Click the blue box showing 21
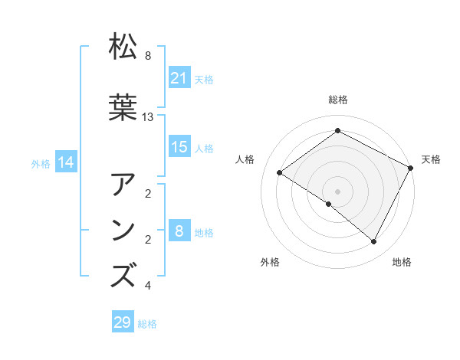click(x=179, y=77)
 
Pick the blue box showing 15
click(x=179, y=147)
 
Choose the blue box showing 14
click(x=66, y=162)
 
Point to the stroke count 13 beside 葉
click(x=148, y=116)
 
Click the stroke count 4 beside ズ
click(x=147, y=286)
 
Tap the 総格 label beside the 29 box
click(x=147, y=323)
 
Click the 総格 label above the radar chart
click(x=337, y=100)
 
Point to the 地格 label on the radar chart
click(x=402, y=262)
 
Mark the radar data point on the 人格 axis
click(x=280, y=172)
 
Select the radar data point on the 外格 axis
click(x=329, y=204)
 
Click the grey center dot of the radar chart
click(x=337, y=191)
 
